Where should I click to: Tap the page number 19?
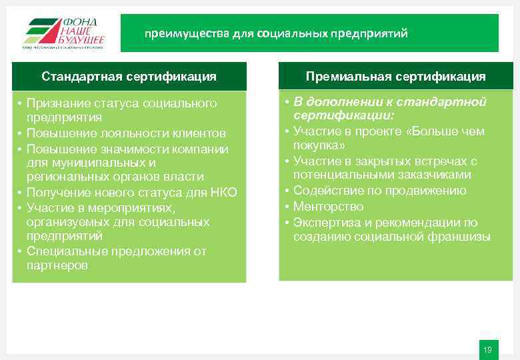(x=487, y=350)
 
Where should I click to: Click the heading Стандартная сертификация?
(x=129, y=76)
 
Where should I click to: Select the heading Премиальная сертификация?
(x=395, y=76)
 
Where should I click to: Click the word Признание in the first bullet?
(x=56, y=103)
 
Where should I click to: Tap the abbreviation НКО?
(x=224, y=193)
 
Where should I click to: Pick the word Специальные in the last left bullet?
(x=62, y=251)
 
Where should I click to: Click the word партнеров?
(x=57, y=265)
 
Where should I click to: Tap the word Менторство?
(x=328, y=207)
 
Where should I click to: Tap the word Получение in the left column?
(x=56, y=193)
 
